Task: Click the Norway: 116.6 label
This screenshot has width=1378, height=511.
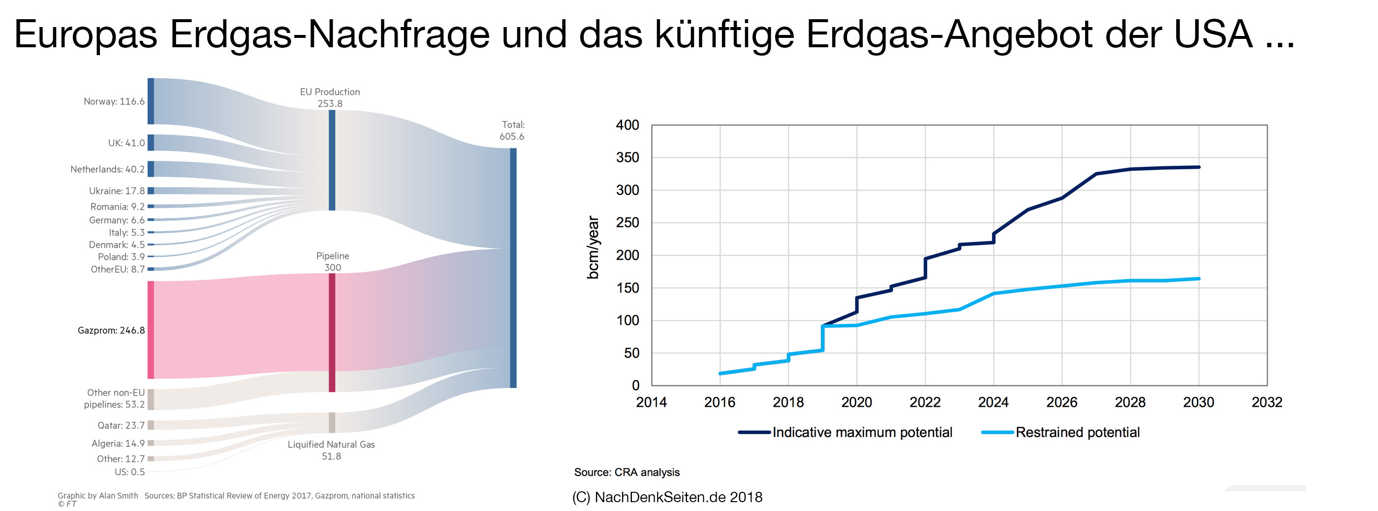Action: tap(114, 101)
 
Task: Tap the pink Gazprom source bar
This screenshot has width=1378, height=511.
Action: tap(151, 330)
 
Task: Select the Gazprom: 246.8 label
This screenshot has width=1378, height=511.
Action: tap(111, 330)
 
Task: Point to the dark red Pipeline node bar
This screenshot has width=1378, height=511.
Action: tap(332, 332)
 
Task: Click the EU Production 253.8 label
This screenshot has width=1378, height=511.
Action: tap(330, 97)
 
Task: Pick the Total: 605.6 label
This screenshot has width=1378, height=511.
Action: tap(512, 130)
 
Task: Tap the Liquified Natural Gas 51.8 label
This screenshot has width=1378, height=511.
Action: tap(331, 450)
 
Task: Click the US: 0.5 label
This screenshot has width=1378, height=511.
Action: tap(129, 472)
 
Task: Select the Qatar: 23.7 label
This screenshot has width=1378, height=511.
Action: tap(121, 425)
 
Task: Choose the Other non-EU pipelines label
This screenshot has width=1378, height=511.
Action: tap(115, 399)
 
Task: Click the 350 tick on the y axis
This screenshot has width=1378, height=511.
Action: tap(627, 158)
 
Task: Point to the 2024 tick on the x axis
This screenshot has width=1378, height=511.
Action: tap(993, 402)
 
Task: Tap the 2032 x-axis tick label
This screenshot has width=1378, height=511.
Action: tap(1267, 402)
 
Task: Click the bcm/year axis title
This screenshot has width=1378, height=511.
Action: tap(593, 247)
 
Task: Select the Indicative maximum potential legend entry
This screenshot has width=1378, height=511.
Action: tap(845, 432)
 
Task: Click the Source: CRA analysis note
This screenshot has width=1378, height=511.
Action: tap(626, 473)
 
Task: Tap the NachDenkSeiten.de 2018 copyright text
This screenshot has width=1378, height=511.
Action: tap(668, 497)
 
